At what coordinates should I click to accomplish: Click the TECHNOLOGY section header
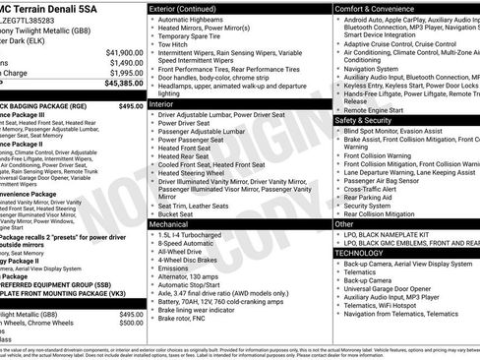[365, 253]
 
